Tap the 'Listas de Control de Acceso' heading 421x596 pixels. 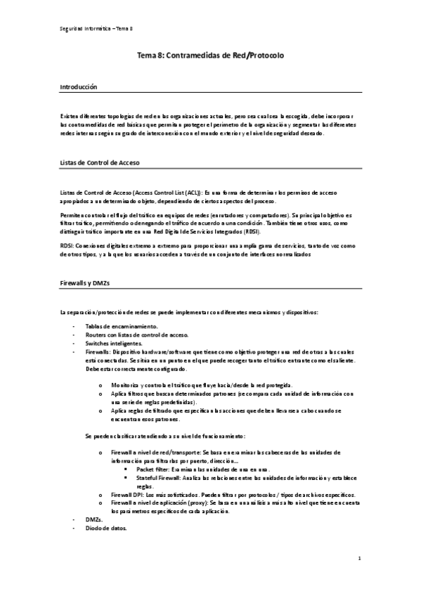click(100, 162)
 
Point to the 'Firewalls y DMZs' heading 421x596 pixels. click(85, 281)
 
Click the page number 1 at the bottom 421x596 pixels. click(358, 559)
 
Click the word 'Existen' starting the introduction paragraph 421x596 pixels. click(71, 116)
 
